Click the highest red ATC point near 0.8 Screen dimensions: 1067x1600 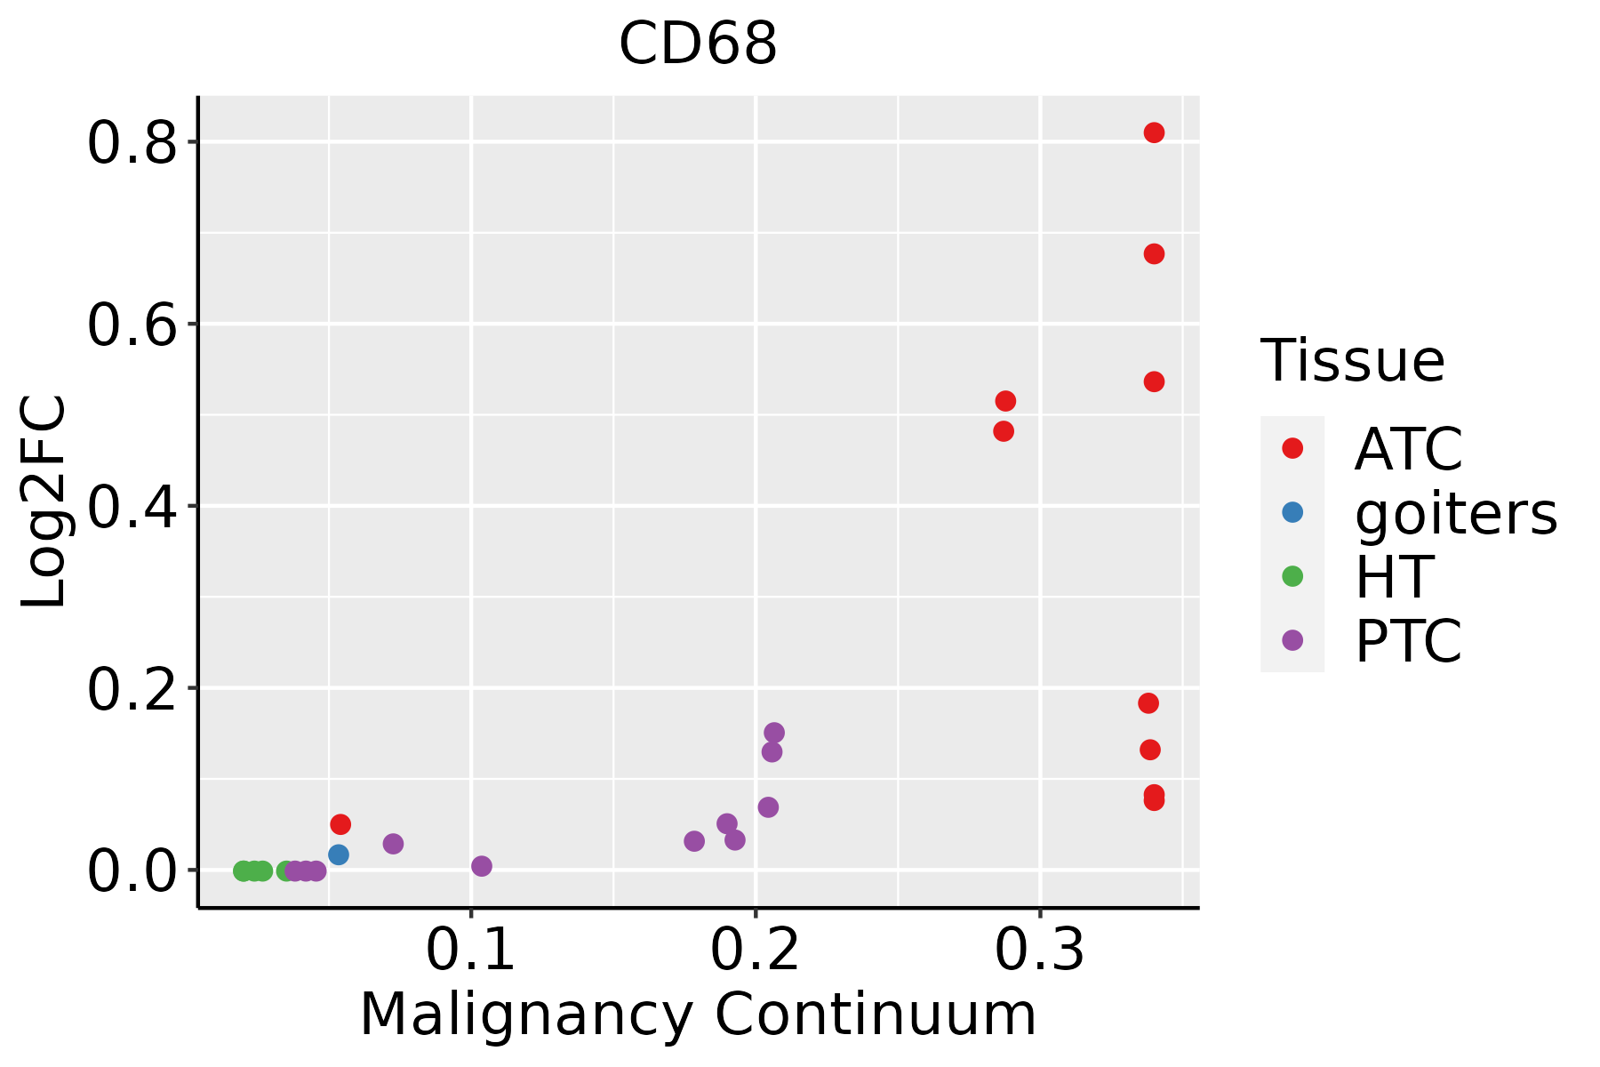[x=1154, y=132]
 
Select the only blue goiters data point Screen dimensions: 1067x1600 [x=339, y=854]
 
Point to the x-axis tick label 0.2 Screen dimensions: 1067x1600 [x=755, y=951]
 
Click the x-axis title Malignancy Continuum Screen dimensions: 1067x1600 [x=698, y=1015]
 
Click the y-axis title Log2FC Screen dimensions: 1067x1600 [x=44, y=502]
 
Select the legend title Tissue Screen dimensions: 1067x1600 [x=1352, y=361]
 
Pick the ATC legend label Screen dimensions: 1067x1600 [x=1408, y=449]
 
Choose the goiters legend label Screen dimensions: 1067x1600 [x=1455, y=513]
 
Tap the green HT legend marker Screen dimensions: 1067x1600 [x=1292, y=576]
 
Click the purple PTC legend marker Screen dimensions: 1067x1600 [x=1292, y=639]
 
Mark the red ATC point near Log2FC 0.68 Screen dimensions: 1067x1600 [x=1154, y=254]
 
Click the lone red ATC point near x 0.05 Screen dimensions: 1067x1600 [x=340, y=824]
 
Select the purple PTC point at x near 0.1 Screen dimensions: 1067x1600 [x=482, y=866]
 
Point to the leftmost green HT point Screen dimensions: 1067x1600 [x=243, y=870]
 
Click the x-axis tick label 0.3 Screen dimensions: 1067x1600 [x=1039, y=951]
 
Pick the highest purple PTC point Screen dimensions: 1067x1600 [x=774, y=733]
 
